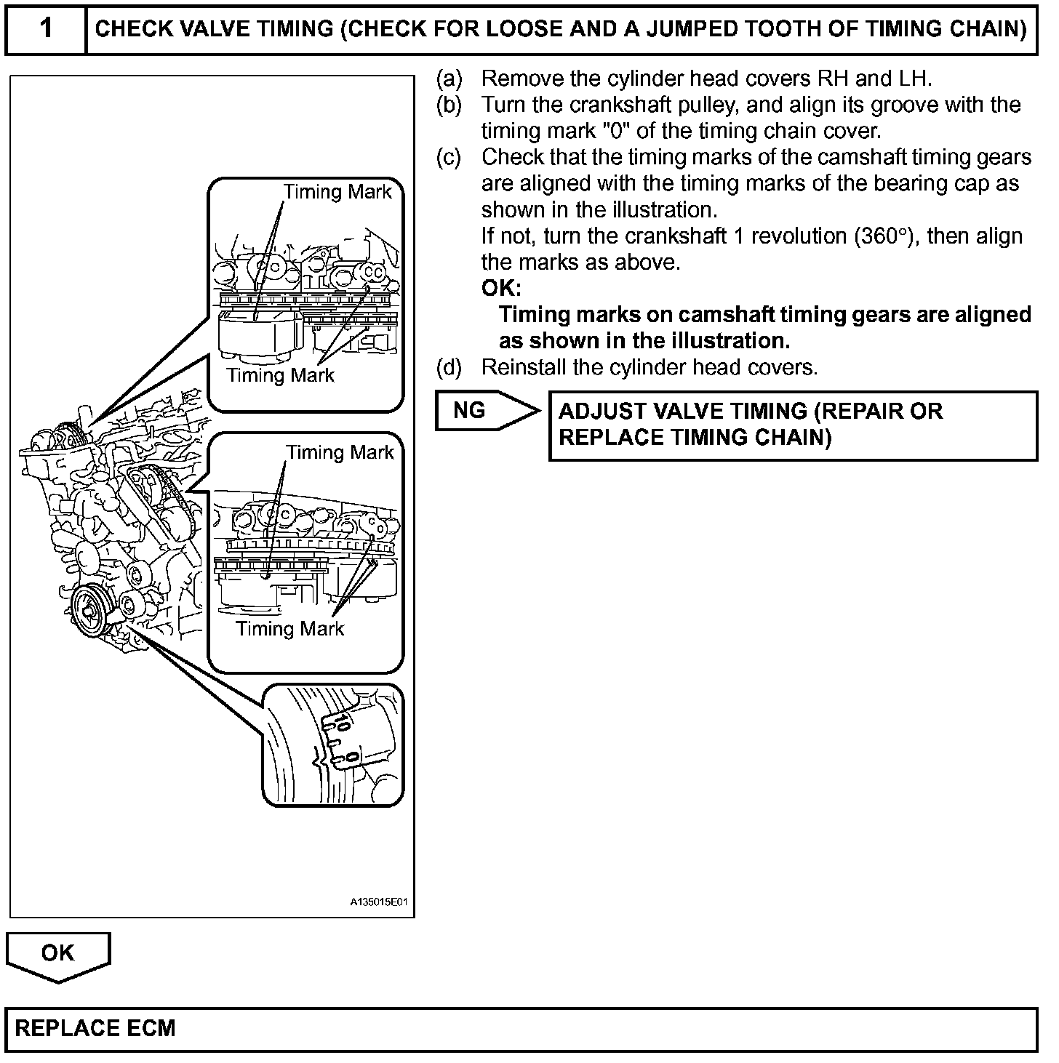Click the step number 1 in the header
click(x=45, y=28)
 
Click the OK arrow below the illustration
click(x=57, y=953)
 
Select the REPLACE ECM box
click(x=521, y=1028)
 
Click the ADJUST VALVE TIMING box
click(x=793, y=425)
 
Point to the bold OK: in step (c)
click(x=501, y=289)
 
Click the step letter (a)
click(x=449, y=78)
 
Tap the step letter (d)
click(x=449, y=367)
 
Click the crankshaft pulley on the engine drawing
click(x=91, y=606)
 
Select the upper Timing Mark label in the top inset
click(x=337, y=192)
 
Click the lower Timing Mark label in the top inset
click(x=280, y=375)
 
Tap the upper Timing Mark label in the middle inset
click(x=340, y=452)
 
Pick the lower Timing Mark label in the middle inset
click(x=289, y=628)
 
